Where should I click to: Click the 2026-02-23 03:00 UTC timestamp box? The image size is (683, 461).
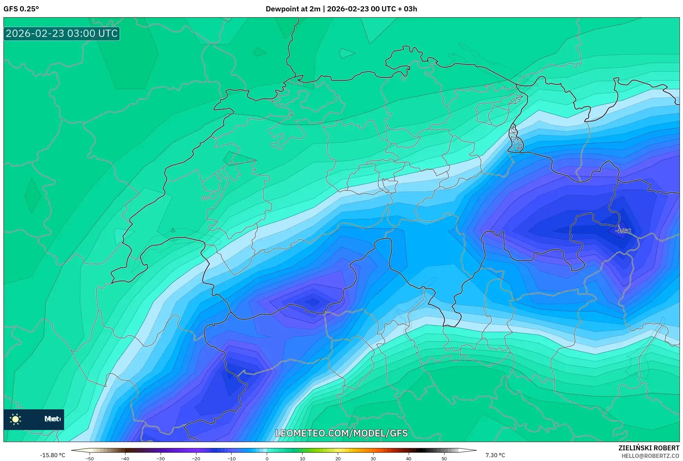click(x=62, y=33)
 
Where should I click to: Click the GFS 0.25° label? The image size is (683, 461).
click(x=21, y=9)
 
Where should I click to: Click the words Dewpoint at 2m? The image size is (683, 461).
click(x=293, y=9)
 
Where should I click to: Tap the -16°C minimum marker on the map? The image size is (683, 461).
click(x=623, y=231)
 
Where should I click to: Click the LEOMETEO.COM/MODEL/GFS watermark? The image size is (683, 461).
click(x=341, y=433)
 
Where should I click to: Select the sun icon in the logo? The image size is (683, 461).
click(x=16, y=419)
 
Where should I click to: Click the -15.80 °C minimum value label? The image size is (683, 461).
click(x=52, y=455)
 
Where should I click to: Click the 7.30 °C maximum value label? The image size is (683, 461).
click(x=495, y=455)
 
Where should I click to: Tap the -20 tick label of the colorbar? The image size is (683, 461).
click(x=196, y=459)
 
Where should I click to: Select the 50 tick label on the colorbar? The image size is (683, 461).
click(x=444, y=459)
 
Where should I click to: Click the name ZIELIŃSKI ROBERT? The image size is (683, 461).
click(x=649, y=448)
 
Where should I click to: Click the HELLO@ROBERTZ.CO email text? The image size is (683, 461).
click(x=650, y=456)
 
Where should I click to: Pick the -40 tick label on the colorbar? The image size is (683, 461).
click(x=125, y=459)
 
